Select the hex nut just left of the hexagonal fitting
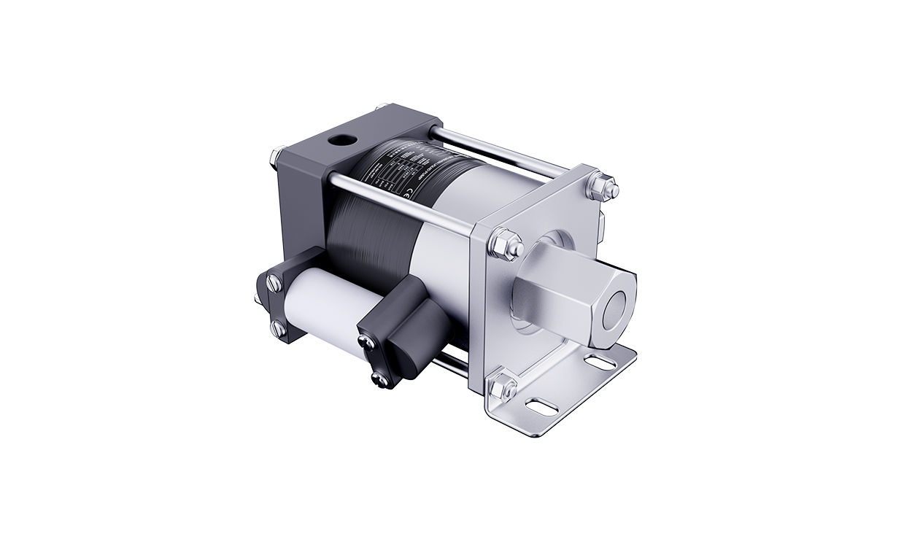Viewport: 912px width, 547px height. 506,244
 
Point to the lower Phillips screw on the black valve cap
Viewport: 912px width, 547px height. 379,376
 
